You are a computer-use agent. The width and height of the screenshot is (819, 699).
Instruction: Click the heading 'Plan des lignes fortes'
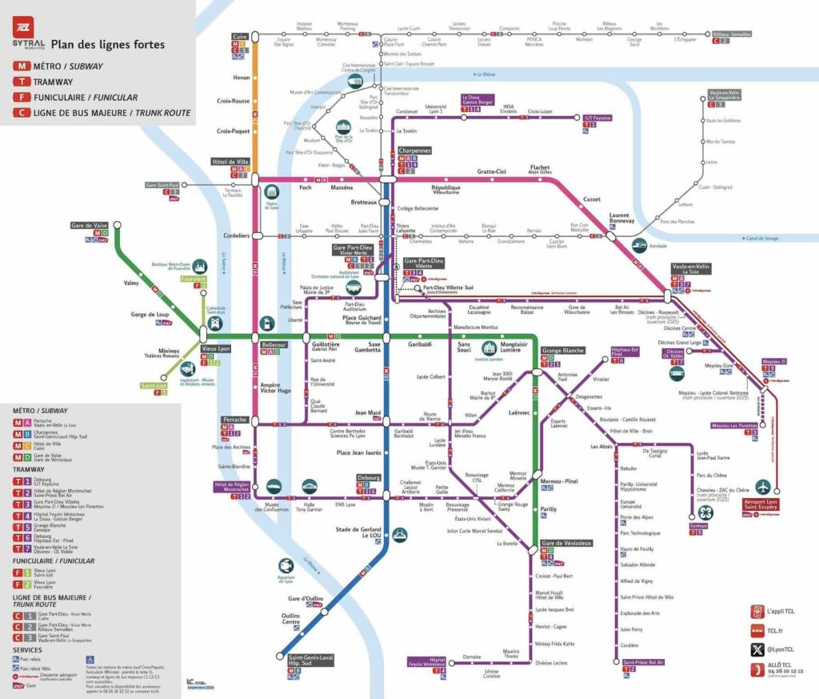click(108, 44)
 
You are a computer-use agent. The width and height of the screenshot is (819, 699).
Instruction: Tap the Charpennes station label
click(414, 151)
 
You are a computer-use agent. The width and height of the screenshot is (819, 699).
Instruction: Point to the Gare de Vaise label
click(89, 226)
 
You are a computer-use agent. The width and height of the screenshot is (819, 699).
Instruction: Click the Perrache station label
click(234, 419)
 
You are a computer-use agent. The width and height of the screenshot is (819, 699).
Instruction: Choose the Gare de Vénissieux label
click(567, 543)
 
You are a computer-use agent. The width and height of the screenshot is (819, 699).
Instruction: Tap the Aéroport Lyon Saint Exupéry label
click(765, 505)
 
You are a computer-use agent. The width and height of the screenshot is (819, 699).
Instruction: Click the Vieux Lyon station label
click(215, 350)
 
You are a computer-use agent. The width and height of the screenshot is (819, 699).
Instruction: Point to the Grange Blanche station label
click(563, 351)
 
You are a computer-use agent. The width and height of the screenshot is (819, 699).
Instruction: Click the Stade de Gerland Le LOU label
click(356, 532)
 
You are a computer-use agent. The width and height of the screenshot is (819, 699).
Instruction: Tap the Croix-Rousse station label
click(234, 101)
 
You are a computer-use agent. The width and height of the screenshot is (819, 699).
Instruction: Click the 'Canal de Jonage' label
click(761, 238)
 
